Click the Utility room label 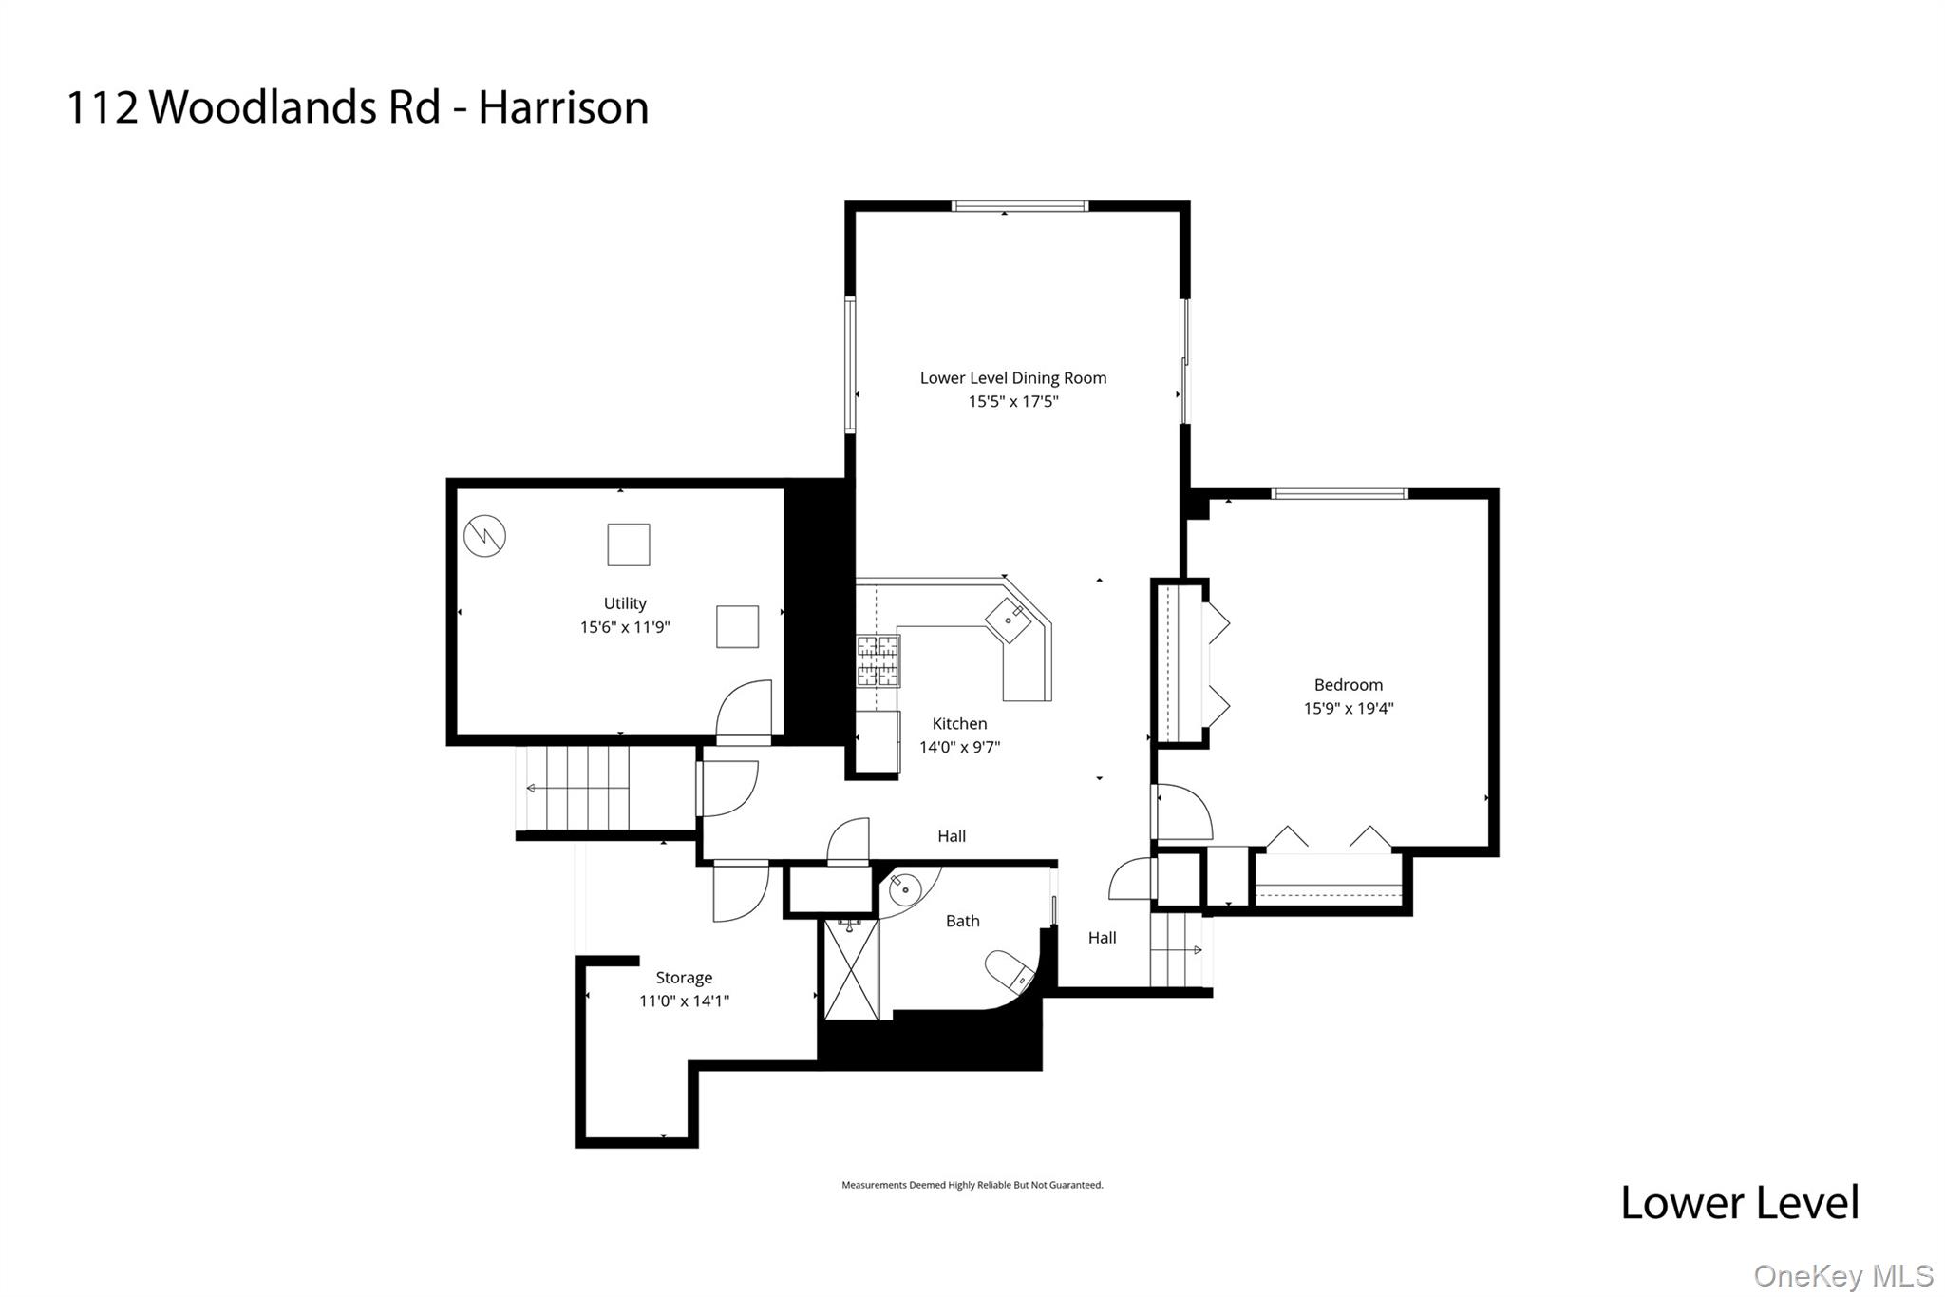coord(625,603)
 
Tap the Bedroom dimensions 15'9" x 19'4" coord(1348,708)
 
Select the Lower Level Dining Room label coord(1012,377)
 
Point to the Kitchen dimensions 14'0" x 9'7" coord(959,747)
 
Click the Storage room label coord(684,977)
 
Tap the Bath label coord(962,920)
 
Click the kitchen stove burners coord(878,660)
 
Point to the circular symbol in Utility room coord(484,537)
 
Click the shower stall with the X coord(851,969)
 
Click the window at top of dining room coord(1019,206)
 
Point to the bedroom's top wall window coord(1338,493)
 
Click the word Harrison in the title coord(563,107)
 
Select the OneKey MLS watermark coord(1842,1275)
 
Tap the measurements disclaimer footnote coord(972,1185)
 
